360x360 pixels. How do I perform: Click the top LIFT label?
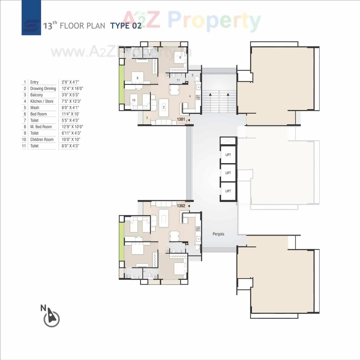[x=228, y=155]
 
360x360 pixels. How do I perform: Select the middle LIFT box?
[x=228, y=173]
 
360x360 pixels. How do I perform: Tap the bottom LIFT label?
[x=228, y=191]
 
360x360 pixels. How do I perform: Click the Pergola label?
[x=218, y=234]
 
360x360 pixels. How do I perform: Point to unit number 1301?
[x=181, y=119]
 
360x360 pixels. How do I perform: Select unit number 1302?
[x=181, y=206]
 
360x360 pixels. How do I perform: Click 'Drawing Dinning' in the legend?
[x=43, y=89]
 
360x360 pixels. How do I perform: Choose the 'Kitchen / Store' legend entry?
[x=42, y=101]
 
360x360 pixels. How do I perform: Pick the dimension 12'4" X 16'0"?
[x=72, y=89]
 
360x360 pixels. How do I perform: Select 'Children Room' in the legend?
[x=42, y=139]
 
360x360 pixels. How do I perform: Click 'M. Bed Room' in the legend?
[x=41, y=127]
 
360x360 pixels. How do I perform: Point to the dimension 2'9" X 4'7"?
[x=70, y=82]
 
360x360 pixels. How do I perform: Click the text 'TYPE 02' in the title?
[x=126, y=26]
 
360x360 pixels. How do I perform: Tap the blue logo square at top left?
[x=31, y=18]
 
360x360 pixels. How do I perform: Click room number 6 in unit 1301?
[x=180, y=57]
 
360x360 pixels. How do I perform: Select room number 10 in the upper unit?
[x=134, y=100]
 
